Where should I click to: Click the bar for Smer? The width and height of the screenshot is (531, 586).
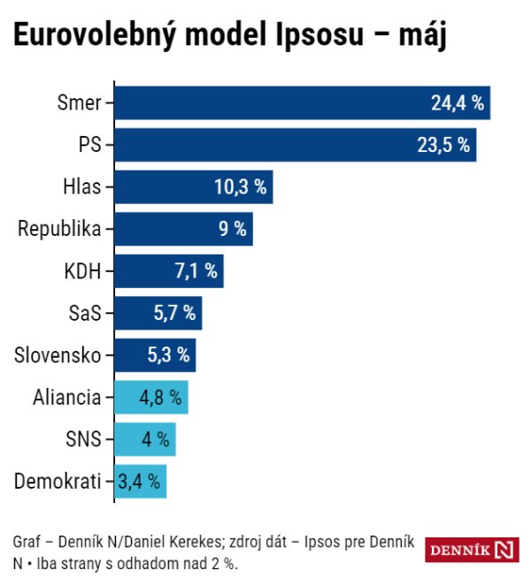[302, 103]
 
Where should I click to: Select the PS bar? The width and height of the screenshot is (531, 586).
[295, 145]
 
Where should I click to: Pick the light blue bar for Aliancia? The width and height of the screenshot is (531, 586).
[150, 398]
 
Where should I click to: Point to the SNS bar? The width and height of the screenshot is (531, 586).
[144, 439]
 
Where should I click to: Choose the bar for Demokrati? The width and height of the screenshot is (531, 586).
[140, 482]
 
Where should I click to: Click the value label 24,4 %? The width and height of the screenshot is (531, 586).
[458, 103]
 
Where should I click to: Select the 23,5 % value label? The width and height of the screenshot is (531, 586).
[443, 145]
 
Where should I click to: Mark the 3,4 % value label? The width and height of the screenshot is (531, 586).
[140, 482]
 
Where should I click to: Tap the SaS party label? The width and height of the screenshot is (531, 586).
[85, 313]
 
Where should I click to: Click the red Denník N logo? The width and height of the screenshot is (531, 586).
[472, 550]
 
